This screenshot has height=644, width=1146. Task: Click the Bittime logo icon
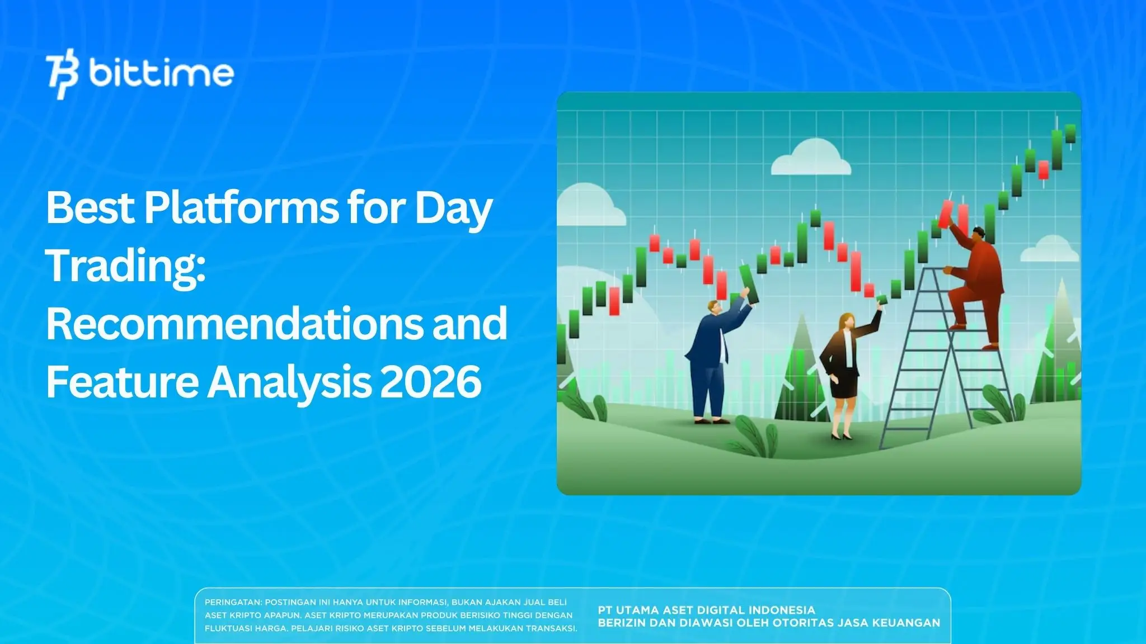[62, 75]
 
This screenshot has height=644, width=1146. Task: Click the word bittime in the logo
[161, 74]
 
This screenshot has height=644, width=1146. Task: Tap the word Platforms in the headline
[241, 208]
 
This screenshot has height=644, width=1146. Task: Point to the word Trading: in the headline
[125, 266]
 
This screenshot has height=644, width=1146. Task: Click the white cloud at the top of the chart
[811, 158]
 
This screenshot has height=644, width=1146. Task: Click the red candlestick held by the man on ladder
[946, 214]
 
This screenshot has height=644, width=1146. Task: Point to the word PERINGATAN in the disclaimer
[232, 603]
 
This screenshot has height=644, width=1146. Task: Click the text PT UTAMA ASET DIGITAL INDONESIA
[706, 610]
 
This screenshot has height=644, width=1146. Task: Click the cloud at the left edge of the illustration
[588, 207]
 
